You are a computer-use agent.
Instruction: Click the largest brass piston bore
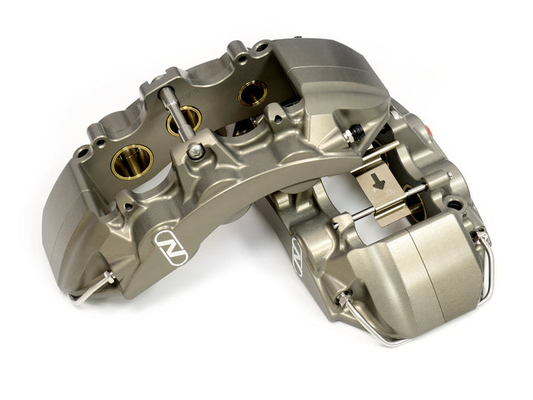(x=133, y=160)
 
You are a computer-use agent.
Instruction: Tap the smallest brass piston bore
(x=252, y=93)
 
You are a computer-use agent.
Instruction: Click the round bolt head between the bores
(x=195, y=152)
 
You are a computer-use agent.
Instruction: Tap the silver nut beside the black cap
(x=348, y=137)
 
